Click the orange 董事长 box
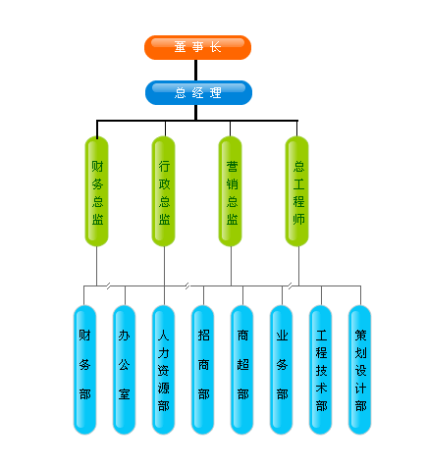(x=197, y=47)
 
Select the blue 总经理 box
(x=198, y=92)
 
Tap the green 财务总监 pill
(x=97, y=191)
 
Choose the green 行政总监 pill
(x=164, y=191)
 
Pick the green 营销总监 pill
(x=231, y=191)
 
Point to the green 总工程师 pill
(x=297, y=191)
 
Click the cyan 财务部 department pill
(x=84, y=370)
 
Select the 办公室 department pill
(x=124, y=370)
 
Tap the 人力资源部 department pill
(x=163, y=370)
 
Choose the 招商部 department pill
(x=202, y=370)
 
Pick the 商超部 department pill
(x=241, y=370)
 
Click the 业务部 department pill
(x=281, y=370)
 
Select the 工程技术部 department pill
(x=320, y=370)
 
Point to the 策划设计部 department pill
(x=359, y=370)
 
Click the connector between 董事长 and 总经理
(x=196, y=70)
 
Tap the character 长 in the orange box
(x=215, y=47)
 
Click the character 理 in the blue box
(x=216, y=93)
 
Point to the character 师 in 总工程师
(x=298, y=219)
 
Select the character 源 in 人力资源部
(x=164, y=389)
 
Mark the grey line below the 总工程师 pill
(x=298, y=266)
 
